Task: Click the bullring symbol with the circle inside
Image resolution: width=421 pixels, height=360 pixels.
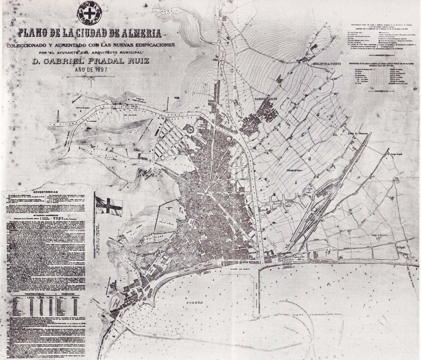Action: pyautogui.click(x=191, y=129)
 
